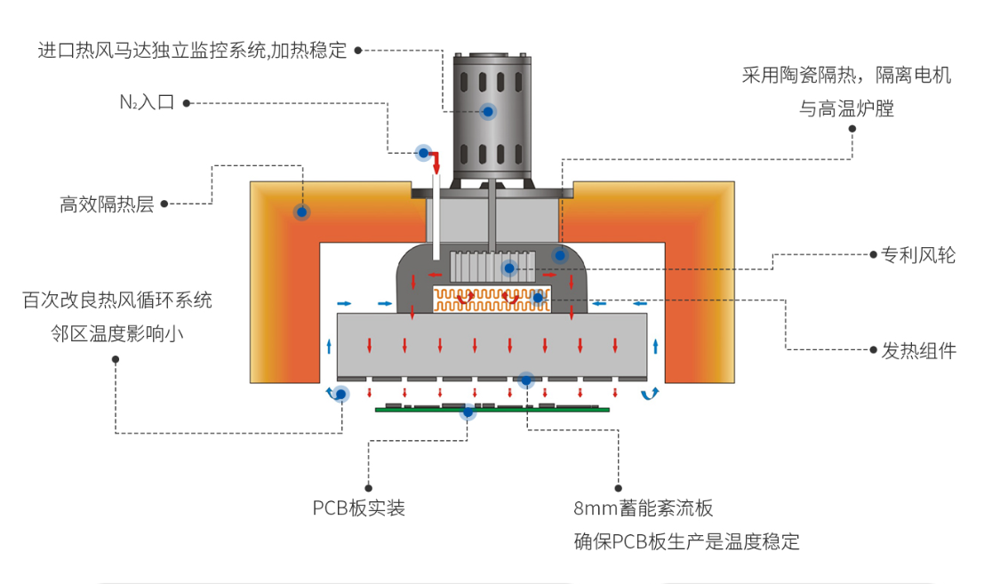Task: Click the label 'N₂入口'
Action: click(147, 102)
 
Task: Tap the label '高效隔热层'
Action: click(107, 205)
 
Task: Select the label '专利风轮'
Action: click(918, 256)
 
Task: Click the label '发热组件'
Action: click(918, 350)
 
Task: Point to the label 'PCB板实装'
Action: click(359, 508)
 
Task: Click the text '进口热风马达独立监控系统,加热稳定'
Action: click(192, 50)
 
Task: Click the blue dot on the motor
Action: click(488, 111)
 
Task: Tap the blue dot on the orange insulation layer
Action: click(302, 212)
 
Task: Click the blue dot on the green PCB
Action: click(468, 412)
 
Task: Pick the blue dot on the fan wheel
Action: click(509, 268)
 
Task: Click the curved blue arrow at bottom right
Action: click(651, 393)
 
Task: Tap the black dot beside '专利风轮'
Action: click(873, 255)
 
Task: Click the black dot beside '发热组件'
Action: click(873, 350)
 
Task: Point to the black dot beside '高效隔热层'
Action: click(165, 204)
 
